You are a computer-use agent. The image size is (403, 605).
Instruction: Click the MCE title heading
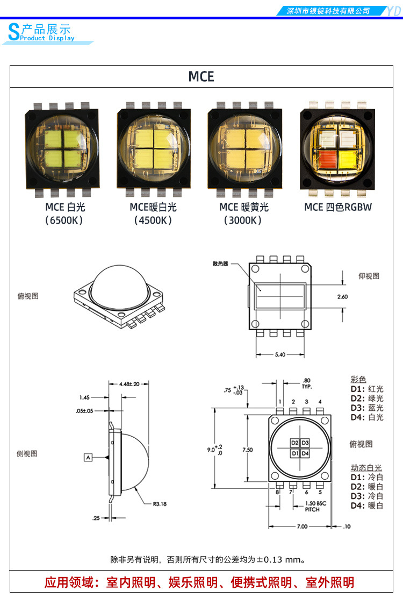201,77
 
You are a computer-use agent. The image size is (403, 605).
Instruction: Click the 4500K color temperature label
153,220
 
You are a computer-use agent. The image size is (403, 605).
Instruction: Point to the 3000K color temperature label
243,220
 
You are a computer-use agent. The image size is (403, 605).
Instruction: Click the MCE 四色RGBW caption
337,207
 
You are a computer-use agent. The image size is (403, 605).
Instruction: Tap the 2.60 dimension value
342,296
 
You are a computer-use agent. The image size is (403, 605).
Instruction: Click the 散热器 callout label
220,264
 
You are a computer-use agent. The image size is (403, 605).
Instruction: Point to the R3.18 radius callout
160,504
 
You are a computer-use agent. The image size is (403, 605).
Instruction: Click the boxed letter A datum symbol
89,457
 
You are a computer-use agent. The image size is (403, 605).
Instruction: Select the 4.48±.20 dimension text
128,384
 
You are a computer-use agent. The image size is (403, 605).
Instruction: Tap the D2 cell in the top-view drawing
294,443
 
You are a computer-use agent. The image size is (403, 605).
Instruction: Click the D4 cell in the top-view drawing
305,453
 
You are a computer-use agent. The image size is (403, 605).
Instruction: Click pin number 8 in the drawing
278,492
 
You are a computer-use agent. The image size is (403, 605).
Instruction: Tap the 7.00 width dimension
303,526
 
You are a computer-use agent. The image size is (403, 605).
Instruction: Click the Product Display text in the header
47,38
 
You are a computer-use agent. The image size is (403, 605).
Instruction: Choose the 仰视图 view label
369,276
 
